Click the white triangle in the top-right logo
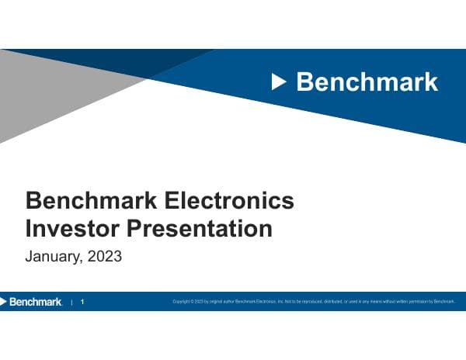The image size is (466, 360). click(x=280, y=81)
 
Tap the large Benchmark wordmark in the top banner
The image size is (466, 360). click(x=367, y=81)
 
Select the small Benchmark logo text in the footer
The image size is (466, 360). click(x=36, y=302)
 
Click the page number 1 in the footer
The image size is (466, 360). click(x=83, y=302)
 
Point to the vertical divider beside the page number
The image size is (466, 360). click(x=71, y=302)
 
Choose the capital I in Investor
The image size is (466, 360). click(x=29, y=229)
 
